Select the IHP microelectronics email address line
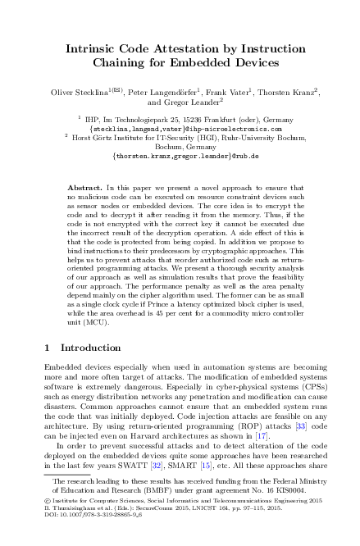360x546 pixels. coord(180,129)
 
